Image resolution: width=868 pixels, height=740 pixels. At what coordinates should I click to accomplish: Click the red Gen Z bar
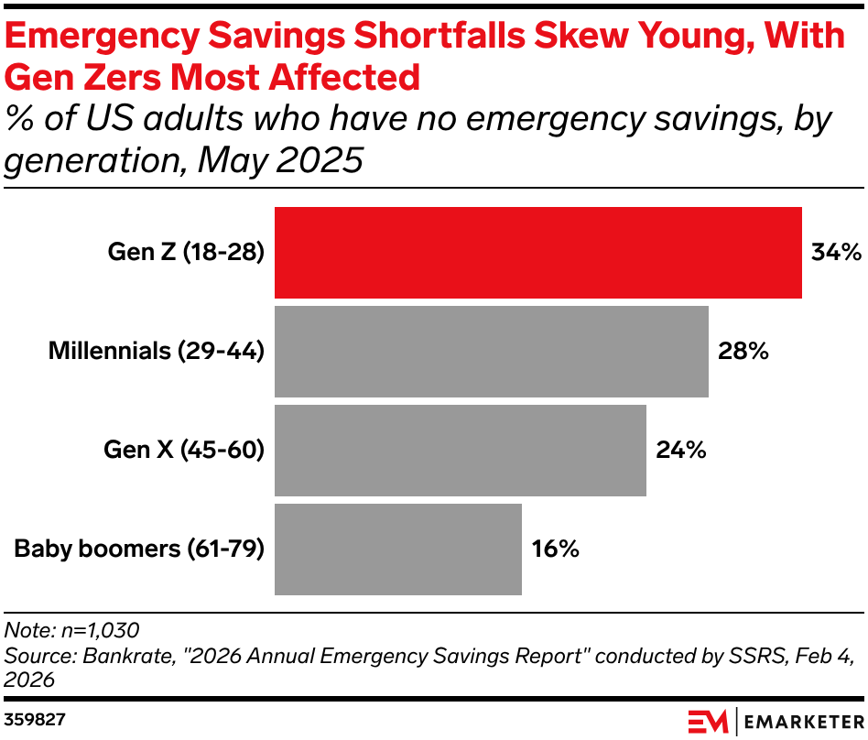538,252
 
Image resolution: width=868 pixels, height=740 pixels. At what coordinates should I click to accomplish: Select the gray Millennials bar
492,351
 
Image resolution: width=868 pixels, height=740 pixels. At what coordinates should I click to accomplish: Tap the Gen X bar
461,450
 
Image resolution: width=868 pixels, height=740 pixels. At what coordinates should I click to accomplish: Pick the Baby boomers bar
398,549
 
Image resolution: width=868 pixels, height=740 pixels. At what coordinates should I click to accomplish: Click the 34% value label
836,252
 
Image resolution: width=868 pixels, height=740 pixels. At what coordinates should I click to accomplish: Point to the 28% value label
743,351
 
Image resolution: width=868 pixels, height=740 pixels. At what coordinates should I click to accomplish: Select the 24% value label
680,450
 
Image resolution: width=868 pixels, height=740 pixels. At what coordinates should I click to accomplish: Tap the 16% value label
556,549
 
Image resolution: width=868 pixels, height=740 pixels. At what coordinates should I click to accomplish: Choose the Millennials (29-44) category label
156,351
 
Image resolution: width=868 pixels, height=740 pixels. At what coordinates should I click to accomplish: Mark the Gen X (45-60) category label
184,450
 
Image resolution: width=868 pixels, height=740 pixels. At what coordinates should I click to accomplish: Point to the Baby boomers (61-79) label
139,549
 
